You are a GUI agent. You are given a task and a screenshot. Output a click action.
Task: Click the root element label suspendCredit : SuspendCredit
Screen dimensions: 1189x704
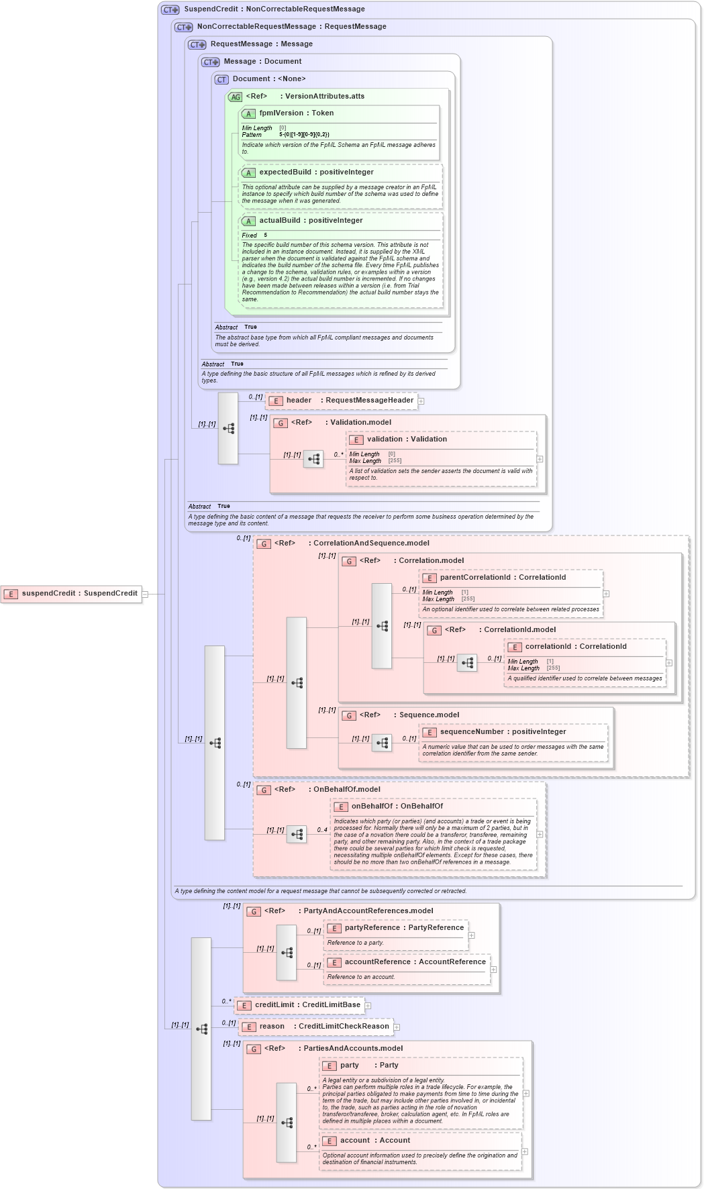pyautogui.click(x=79, y=593)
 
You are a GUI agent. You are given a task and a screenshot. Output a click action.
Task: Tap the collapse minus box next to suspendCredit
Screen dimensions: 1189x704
pyautogui.click(x=145, y=594)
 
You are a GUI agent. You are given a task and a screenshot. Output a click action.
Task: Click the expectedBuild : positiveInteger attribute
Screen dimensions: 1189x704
pyautogui.click(x=316, y=172)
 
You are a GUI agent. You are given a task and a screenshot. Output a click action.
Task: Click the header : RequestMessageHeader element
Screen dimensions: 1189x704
pyautogui.click(x=349, y=401)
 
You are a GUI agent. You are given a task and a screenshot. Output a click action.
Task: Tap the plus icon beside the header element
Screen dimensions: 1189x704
pyautogui.click(x=421, y=401)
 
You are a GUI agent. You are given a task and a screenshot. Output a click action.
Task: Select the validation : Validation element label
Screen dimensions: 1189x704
pyautogui.click(x=407, y=440)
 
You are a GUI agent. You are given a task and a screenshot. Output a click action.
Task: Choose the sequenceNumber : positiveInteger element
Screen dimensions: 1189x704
pyautogui.click(x=503, y=732)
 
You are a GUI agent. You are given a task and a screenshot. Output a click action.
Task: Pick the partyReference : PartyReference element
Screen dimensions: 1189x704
pyautogui.click(x=404, y=928)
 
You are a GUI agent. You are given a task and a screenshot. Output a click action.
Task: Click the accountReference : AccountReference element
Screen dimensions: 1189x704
pyautogui.click(x=415, y=962)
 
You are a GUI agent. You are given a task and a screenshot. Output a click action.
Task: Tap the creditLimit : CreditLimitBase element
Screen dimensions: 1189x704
pyautogui.click(x=307, y=1005)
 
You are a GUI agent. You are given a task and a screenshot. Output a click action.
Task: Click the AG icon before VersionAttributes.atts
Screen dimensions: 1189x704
pyautogui.click(x=235, y=97)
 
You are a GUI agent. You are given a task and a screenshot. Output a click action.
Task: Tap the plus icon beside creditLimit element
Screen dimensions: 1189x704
pyautogui.click(x=368, y=1006)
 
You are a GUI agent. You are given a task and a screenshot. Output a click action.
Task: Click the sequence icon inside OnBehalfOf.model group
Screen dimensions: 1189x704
pyautogui.click(x=297, y=834)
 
